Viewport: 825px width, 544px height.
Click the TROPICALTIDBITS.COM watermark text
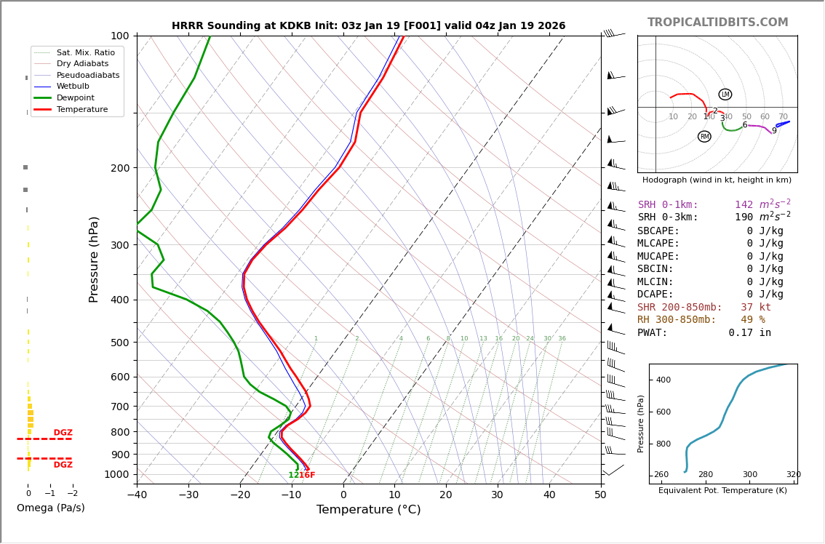[717, 23]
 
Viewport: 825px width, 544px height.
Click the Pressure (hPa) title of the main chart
[95, 259]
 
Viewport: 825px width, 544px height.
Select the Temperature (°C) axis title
[368, 510]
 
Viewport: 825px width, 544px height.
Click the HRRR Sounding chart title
[368, 25]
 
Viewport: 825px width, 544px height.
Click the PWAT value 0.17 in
[749, 333]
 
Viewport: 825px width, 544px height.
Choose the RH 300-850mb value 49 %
[753, 320]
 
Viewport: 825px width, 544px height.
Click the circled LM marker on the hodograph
[725, 95]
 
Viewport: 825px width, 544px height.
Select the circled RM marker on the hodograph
[704, 137]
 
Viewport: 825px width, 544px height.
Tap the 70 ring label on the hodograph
[783, 117]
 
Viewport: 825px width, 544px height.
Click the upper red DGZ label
[63, 433]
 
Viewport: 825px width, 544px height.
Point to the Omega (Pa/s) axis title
[50, 508]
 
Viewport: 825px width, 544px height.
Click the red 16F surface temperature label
[307, 476]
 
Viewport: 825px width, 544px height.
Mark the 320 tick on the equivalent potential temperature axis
[793, 475]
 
